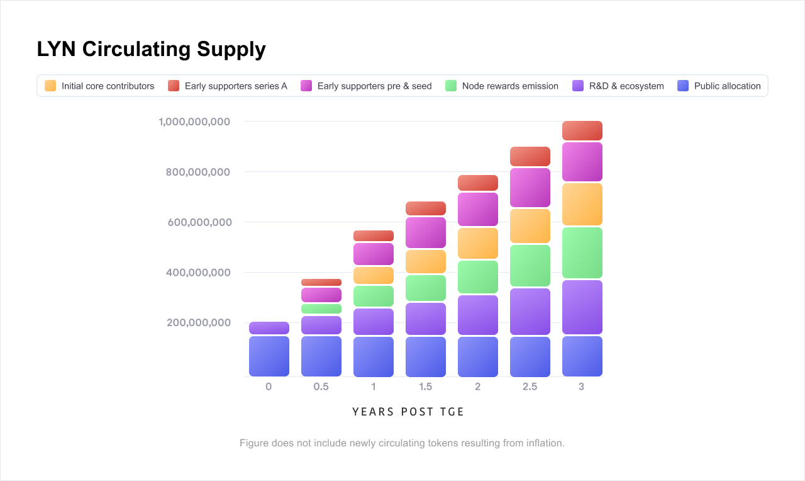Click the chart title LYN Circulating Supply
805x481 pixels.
151,49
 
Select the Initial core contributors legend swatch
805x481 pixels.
50,86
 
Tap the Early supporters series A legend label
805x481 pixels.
236,86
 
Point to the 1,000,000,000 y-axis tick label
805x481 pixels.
194,122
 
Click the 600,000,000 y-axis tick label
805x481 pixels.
199,222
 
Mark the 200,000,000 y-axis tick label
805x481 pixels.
199,323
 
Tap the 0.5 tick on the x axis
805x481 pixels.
321,387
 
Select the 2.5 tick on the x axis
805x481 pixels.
530,387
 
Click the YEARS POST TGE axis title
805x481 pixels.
408,412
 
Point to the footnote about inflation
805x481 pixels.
402,443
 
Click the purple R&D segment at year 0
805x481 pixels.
269,328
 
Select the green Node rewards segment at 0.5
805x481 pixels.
321,308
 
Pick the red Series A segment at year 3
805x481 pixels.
582,130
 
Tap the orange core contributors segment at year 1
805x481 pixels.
374,275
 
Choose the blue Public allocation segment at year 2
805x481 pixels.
478,356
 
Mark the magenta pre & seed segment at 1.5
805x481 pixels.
426,232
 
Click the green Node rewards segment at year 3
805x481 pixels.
582,252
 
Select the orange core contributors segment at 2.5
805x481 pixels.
530,226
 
